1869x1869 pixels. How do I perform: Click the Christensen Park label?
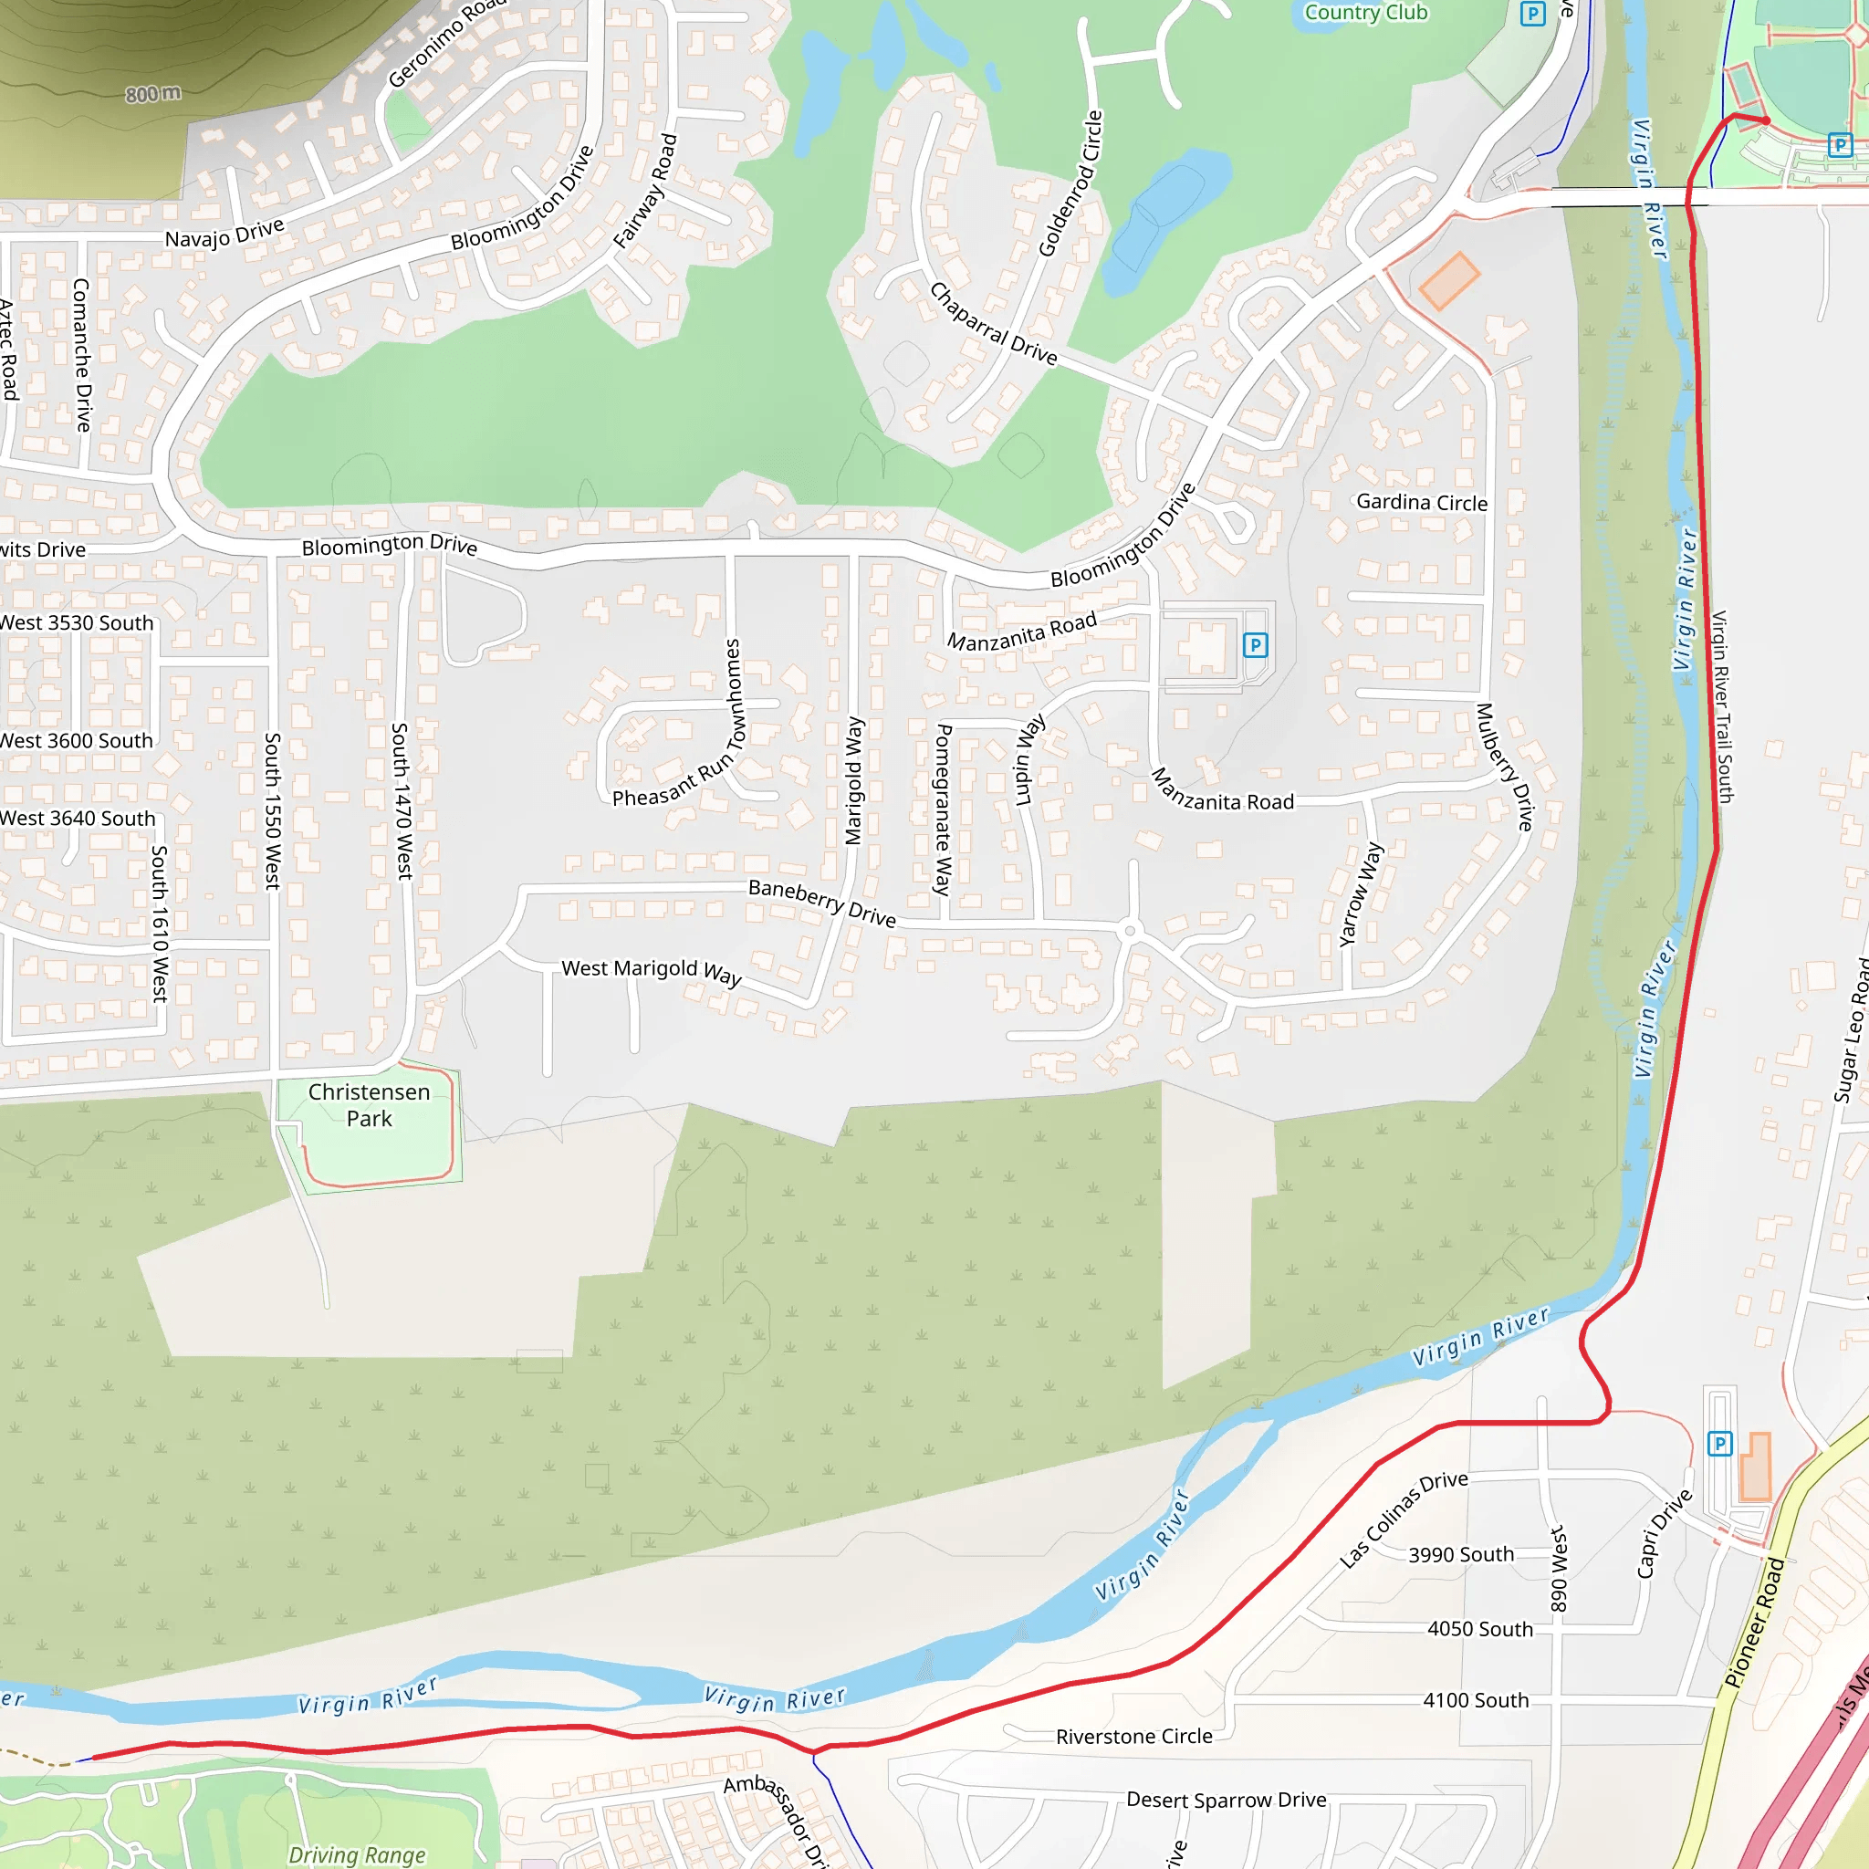[x=369, y=1105]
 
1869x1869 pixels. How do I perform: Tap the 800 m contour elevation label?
[x=152, y=94]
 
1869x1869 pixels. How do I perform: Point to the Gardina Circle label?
[x=1421, y=502]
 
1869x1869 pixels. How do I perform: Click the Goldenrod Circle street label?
[x=1070, y=183]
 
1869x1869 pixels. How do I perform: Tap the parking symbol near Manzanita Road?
[x=1255, y=644]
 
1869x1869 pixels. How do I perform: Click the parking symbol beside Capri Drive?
[x=1719, y=1444]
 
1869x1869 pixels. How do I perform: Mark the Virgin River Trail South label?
[x=1722, y=706]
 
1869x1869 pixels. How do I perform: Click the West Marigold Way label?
[x=652, y=971]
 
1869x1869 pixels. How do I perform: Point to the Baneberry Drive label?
[x=822, y=903]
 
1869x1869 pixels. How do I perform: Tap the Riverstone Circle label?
[x=1133, y=1737]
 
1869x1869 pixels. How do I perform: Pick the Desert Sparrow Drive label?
[x=1226, y=1800]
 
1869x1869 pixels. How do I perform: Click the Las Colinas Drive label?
[x=1403, y=1519]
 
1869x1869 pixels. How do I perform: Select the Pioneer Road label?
[x=1754, y=1623]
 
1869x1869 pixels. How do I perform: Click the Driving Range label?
[x=357, y=1854]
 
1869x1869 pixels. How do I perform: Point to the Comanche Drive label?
[x=82, y=355]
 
